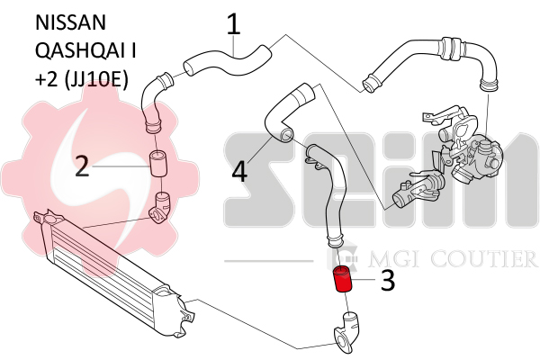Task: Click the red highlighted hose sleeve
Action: pyautogui.click(x=342, y=279)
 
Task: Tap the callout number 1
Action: pyautogui.click(x=233, y=24)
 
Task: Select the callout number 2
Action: pyautogui.click(x=82, y=166)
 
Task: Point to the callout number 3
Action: pyautogui.click(x=388, y=280)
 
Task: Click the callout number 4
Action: pyautogui.click(x=239, y=171)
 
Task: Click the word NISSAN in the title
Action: pyautogui.click(x=70, y=22)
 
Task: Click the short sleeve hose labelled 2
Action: pyautogui.click(x=158, y=163)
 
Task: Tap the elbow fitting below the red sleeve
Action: pyautogui.click(x=347, y=332)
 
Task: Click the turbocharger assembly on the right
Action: pyautogui.click(x=463, y=145)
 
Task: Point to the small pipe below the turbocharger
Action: pyautogui.click(x=417, y=190)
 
